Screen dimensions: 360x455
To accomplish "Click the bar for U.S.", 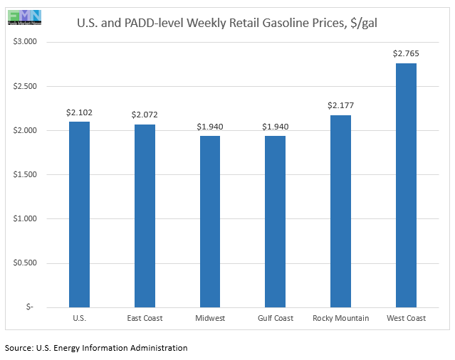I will coord(79,214).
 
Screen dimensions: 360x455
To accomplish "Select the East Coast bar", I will coord(145,216).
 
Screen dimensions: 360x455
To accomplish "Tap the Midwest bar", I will coord(210,221).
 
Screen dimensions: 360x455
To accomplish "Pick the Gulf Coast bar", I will coord(276,221).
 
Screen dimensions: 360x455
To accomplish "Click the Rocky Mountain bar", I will coord(340,211).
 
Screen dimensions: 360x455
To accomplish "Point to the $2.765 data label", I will coord(406,53).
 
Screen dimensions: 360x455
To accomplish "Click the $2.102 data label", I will coord(79,112).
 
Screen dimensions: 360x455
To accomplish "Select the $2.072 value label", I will coord(145,115).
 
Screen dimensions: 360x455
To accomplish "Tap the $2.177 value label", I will coord(340,105).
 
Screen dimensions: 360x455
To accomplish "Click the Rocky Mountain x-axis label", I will coord(340,318).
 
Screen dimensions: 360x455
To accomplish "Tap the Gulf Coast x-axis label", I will coord(276,318).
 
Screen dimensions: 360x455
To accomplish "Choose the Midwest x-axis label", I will coord(210,318).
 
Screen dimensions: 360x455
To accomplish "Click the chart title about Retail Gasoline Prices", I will coord(227,23).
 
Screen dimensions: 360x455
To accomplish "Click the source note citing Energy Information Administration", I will coord(96,348).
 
